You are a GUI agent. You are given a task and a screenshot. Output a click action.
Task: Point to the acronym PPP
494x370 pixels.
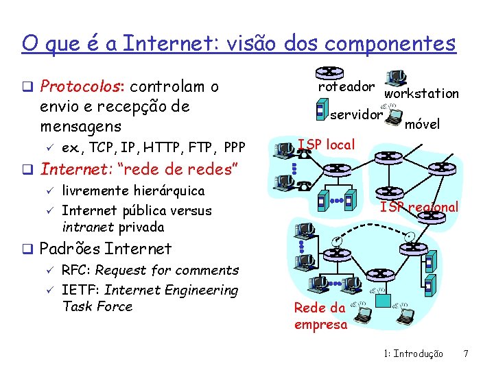pos(234,148)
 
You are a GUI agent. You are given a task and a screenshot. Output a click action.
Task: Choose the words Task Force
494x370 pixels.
pos(97,307)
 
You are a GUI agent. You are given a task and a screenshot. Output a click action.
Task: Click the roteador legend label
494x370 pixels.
pos(346,87)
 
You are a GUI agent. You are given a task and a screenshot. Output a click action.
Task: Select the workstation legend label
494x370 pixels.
pos(421,94)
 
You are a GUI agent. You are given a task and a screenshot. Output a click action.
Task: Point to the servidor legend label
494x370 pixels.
pos(355,114)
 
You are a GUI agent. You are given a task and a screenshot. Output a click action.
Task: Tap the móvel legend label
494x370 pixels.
pos(422,125)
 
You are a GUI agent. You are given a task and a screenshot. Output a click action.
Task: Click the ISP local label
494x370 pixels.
pos(326,145)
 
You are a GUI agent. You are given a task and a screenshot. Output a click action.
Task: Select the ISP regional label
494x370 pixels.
pos(419,207)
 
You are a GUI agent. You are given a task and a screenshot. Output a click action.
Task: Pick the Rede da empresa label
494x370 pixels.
pos(320,317)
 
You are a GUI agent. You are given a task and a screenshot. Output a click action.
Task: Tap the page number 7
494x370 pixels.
pos(466,354)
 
